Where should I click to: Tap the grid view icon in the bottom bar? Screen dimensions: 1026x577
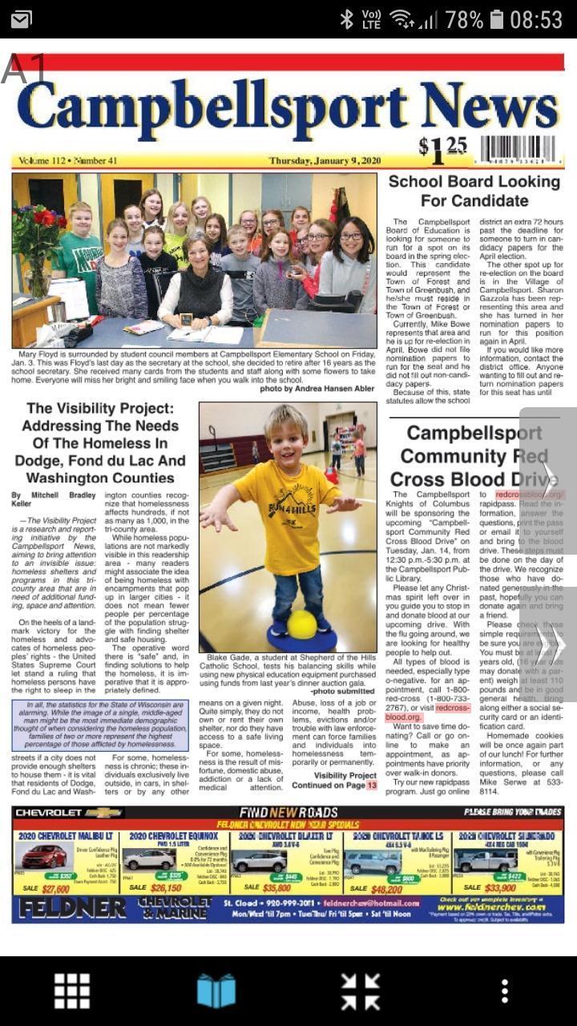71,992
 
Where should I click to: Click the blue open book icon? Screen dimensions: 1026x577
216,992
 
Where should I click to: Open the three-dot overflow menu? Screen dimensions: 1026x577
504,992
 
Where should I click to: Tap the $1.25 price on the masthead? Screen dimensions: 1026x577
442,148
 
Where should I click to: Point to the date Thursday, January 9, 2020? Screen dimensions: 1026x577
325,160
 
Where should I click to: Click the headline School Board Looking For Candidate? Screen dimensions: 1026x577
474,191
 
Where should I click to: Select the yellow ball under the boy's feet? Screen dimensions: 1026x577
302,624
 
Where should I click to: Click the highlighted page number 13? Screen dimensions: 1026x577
372,786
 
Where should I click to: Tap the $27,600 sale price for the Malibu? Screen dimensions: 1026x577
56,889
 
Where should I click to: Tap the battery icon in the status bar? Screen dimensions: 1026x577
497,19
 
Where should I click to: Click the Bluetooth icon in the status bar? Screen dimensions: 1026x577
346,19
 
